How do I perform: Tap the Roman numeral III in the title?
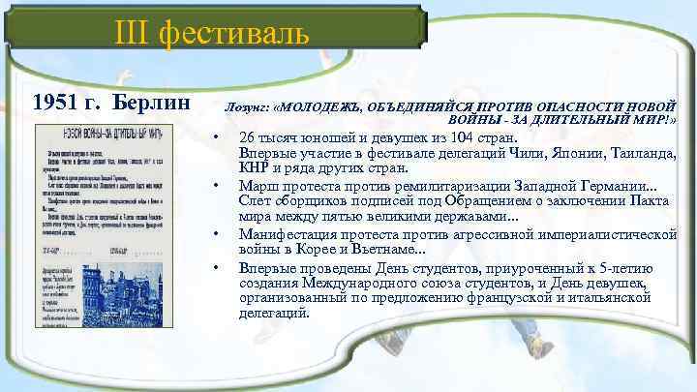(x=134, y=34)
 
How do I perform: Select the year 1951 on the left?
(x=56, y=102)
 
